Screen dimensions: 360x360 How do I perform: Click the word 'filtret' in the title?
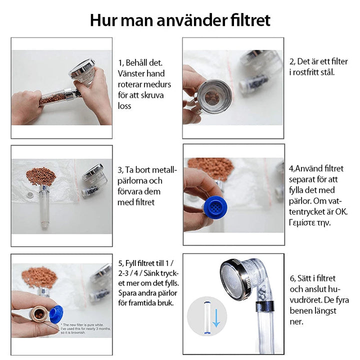point(247,20)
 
